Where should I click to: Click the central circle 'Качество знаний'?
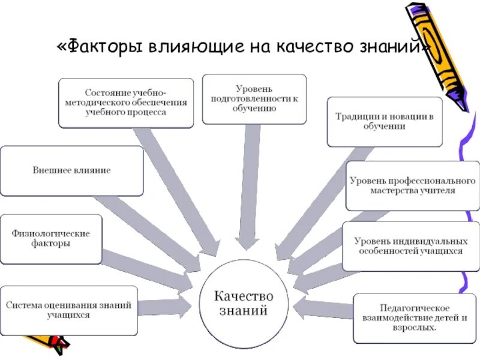(x=244, y=304)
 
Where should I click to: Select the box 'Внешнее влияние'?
(x=71, y=170)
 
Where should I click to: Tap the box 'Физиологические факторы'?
(x=50, y=238)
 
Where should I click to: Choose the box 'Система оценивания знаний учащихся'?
(x=69, y=310)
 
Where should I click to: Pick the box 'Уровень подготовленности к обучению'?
(x=254, y=98)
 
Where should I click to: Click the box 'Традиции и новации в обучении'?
(x=385, y=121)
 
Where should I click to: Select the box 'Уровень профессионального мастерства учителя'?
(x=413, y=186)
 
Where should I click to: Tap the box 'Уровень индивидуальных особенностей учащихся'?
(x=410, y=246)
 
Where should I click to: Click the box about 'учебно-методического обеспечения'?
(x=126, y=103)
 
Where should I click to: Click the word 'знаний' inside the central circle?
(x=244, y=311)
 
